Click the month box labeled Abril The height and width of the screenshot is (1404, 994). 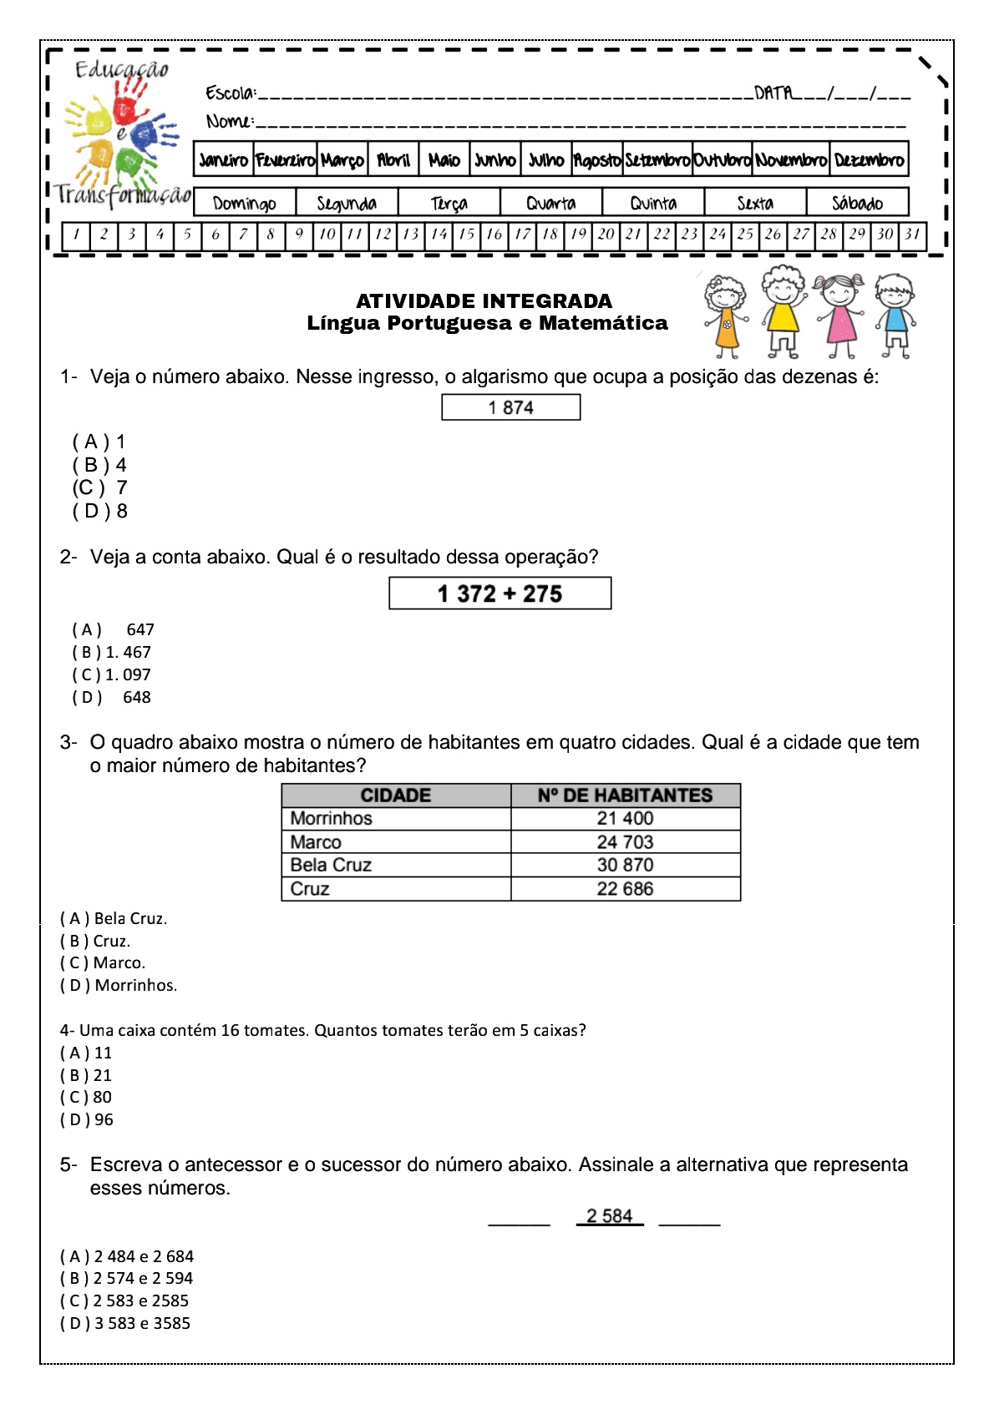click(x=393, y=159)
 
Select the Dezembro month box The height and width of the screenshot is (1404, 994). click(x=869, y=159)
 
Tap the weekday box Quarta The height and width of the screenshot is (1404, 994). click(x=550, y=203)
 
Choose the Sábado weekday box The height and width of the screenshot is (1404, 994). click(x=857, y=203)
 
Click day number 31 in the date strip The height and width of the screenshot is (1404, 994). click(x=912, y=235)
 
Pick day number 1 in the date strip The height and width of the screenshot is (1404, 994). click(x=76, y=235)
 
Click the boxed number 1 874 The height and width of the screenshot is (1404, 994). click(x=510, y=407)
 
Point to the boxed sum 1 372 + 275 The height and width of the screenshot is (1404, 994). click(x=500, y=593)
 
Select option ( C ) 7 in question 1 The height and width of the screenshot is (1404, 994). click(x=99, y=487)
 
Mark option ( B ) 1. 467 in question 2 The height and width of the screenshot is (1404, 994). click(x=111, y=652)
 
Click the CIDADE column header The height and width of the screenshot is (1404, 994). click(x=396, y=795)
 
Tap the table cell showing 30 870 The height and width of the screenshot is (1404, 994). click(x=625, y=865)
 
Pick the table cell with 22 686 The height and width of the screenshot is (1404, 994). click(x=625, y=889)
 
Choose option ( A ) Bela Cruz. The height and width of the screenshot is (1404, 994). click(x=114, y=918)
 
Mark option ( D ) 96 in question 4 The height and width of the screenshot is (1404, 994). click(x=87, y=1119)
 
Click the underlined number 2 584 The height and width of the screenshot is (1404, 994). click(x=610, y=1216)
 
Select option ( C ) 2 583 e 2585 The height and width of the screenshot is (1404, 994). click(x=124, y=1300)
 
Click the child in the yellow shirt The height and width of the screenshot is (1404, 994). click(x=783, y=311)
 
